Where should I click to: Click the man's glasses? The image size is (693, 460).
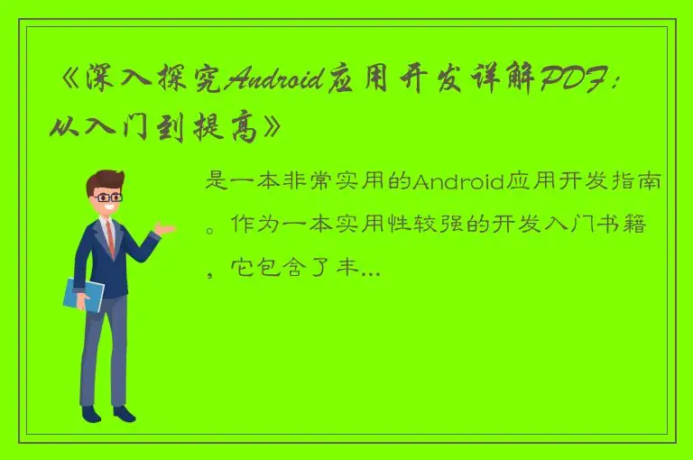point(109,198)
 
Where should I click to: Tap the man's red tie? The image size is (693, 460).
point(110,237)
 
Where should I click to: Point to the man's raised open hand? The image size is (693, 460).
point(163,229)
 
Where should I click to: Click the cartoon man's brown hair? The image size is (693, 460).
point(105,179)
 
